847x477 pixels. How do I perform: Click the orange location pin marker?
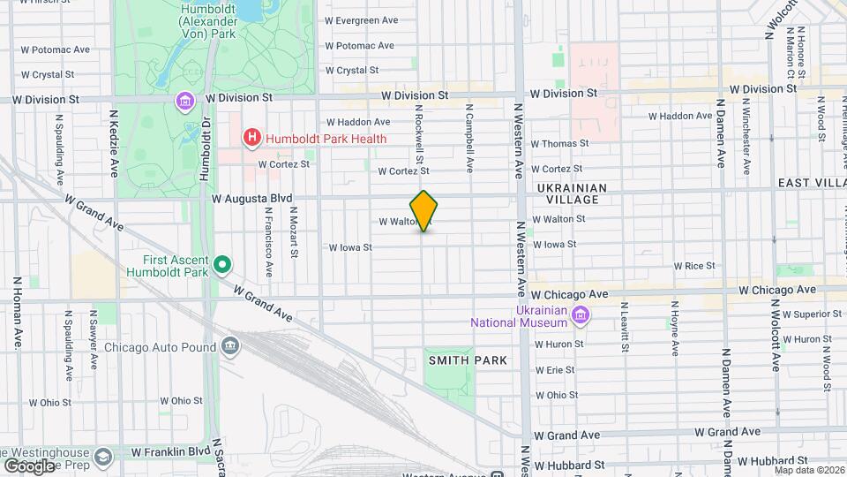pyautogui.click(x=423, y=210)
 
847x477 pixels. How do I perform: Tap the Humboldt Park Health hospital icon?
pyautogui.click(x=252, y=138)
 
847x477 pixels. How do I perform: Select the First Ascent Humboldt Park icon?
pyautogui.click(x=223, y=264)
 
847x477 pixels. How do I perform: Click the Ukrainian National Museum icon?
pyautogui.click(x=581, y=315)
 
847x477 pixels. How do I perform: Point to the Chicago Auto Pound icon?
pyautogui.click(x=231, y=344)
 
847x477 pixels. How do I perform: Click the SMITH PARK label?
pyautogui.click(x=468, y=360)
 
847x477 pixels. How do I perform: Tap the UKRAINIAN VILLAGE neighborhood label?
pyautogui.click(x=572, y=193)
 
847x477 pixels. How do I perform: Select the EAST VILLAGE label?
pyautogui.click(x=811, y=182)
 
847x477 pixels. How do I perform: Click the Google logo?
pyautogui.click(x=29, y=466)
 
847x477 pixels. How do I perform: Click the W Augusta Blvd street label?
pyautogui.click(x=251, y=200)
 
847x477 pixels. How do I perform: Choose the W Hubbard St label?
pyautogui.click(x=566, y=464)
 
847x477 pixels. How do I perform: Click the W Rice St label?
pyautogui.click(x=693, y=265)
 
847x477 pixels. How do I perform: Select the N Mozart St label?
pyautogui.click(x=293, y=232)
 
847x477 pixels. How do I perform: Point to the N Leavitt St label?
pyautogui.click(x=624, y=326)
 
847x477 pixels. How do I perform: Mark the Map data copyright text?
pyautogui.click(x=807, y=469)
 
